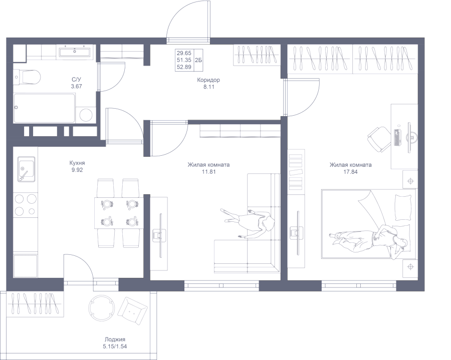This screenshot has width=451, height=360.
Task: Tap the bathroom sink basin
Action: click(75, 52)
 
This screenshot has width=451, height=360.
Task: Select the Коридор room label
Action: click(208, 80)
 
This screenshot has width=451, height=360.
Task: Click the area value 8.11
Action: click(209, 87)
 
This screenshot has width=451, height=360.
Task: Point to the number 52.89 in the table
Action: click(184, 67)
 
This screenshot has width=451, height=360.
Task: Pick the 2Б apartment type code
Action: click(198, 61)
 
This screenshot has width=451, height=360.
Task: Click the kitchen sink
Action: click(27, 169)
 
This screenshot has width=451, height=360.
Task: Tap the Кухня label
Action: click(77, 163)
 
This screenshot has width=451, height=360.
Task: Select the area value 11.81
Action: click(209, 172)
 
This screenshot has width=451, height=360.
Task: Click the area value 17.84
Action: click(351, 172)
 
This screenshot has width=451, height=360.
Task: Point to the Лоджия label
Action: click(115, 339)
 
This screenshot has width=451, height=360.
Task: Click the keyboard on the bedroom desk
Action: click(397, 137)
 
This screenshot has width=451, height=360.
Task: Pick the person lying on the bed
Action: click(369, 238)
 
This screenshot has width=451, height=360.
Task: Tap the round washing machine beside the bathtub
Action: click(86, 115)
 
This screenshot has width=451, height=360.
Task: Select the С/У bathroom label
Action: click(77, 80)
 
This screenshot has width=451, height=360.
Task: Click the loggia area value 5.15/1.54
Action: click(115, 346)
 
